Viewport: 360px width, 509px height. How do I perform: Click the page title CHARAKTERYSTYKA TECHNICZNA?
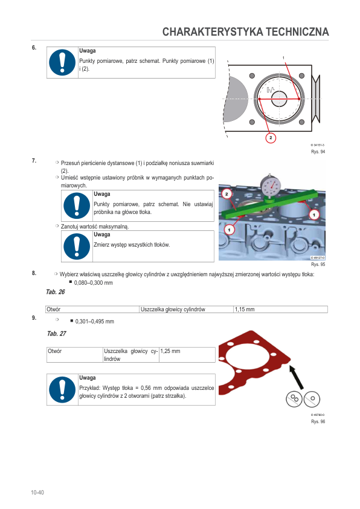245,32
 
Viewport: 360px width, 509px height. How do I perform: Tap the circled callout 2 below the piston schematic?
271,138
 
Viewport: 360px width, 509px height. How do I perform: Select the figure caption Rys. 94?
318,152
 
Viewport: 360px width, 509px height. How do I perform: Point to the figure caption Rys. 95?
318,264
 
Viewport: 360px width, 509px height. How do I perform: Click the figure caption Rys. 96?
318,421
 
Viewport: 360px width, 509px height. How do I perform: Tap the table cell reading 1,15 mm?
280,310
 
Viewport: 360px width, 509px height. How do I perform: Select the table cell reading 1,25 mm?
187,355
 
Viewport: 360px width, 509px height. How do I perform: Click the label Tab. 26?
56,292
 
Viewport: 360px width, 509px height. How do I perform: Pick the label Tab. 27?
57,333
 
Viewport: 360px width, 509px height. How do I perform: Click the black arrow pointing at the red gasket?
296,377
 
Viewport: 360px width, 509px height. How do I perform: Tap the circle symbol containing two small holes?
294,398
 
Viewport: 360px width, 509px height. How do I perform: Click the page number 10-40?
37,493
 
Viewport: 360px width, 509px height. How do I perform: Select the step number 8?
34,273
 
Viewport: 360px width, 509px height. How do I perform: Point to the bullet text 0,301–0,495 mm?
95,322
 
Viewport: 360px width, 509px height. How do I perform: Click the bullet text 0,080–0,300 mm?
94,283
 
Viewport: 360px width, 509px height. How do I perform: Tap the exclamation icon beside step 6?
62,62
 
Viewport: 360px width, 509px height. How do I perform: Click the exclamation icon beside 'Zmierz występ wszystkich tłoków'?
77,247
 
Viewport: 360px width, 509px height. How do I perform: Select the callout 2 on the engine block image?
227,194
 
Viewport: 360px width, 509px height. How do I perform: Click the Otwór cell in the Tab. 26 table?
92,310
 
